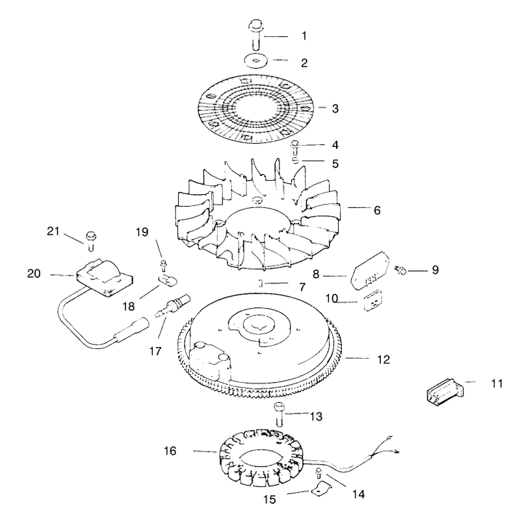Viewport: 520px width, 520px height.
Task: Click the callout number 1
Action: click(304, 36)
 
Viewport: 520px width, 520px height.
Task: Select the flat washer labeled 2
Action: click(255, 61)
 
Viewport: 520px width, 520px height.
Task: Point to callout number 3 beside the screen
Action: click(335, 109)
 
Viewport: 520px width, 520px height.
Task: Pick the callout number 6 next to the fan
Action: click(377, 210)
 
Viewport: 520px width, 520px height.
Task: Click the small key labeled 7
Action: click(261, 283)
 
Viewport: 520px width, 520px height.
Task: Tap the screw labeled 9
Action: click(400, 270)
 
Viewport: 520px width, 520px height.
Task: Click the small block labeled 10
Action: click(373, 300)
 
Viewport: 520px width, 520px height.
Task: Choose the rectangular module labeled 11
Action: click(445, 393)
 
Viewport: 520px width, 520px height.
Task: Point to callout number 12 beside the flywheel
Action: click(383, 359)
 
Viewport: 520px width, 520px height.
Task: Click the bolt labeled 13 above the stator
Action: click(279, 414)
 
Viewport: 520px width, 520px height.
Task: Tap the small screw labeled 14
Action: click(318, 473)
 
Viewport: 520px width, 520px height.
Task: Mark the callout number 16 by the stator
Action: click(170, 450)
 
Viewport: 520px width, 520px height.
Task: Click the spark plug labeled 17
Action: click(172, 305)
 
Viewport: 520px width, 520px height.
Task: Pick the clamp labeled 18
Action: click(167, 280)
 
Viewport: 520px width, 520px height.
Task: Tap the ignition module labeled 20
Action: click(105, 278)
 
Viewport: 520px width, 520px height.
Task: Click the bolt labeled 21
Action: click(90, 240)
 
